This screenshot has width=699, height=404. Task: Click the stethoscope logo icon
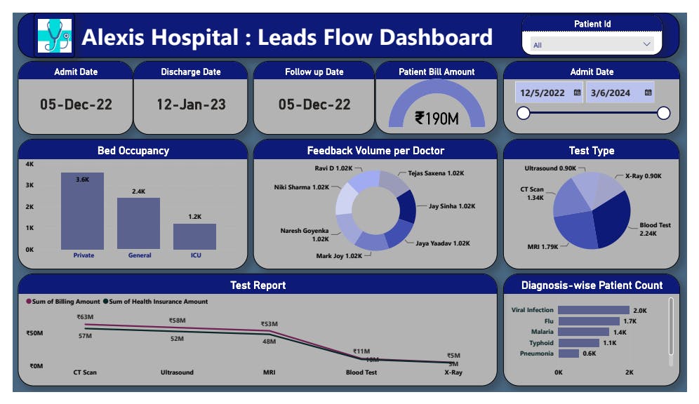pyautogui.click(x=53, y=35)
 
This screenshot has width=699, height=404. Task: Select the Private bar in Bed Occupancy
pyautogui.click(x=82, y=211)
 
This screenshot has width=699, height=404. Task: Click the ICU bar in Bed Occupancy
pyautogui.click(x=194, y=236)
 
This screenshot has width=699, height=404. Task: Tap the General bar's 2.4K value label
pyautogui.click(x=139, y=191)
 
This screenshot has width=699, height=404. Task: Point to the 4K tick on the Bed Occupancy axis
pyautogui.click(x=29, y=164)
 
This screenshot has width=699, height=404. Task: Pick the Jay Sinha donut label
pyautogui.click(x=452, y=206)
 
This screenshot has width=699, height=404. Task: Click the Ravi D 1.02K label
pyautogui.click(x=333, y=168)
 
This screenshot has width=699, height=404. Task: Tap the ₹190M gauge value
pyautogui.click(x=437, y=119)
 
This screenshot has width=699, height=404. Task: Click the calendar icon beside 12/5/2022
pyautogui.click(x=577, y=93)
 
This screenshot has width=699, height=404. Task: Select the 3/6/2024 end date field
pyautogui.click(x=611, y=93)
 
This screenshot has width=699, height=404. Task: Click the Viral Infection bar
pyautogui.click(x=594, y=310)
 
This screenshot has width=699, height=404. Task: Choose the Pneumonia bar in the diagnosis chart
pyautogui.click(x=568, y=353)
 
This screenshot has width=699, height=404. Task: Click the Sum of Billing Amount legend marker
pyautogui.click(x=29, y=302)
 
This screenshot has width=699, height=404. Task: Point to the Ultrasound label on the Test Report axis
pyautogui.click(x=177, y=372)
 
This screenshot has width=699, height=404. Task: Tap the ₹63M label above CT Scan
pyautogui.click(x=85, y=317)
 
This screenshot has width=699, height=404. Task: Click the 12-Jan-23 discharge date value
pyautogui.click(x=191, y=105)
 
